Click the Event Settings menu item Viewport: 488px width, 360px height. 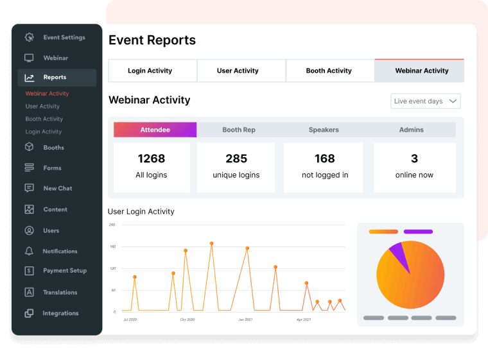coord(64,37)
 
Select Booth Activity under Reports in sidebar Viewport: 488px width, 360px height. coord(44,119)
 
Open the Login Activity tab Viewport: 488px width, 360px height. coord(150,71)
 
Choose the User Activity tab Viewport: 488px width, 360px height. coord(238,71)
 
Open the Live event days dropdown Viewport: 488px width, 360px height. coord(426,101)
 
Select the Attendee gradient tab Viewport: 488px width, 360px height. coord(155,130)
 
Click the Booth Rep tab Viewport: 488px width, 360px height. coord(239,130)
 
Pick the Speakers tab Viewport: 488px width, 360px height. coord(324,130)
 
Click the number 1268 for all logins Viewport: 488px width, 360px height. coord(152,159)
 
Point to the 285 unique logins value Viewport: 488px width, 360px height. coord(236,159)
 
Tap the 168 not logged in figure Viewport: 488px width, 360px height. coord(324,159)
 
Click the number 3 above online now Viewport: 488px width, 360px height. coord(414,159)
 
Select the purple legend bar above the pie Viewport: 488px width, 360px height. coord(418,232)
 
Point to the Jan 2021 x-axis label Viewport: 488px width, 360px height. coord(245,319)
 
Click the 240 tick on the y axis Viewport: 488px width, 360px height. coord(112,225)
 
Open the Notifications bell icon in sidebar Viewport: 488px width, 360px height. coord(29,251)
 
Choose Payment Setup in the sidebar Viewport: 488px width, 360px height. coord(64,271)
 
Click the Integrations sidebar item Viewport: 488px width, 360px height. coord(60,313)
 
